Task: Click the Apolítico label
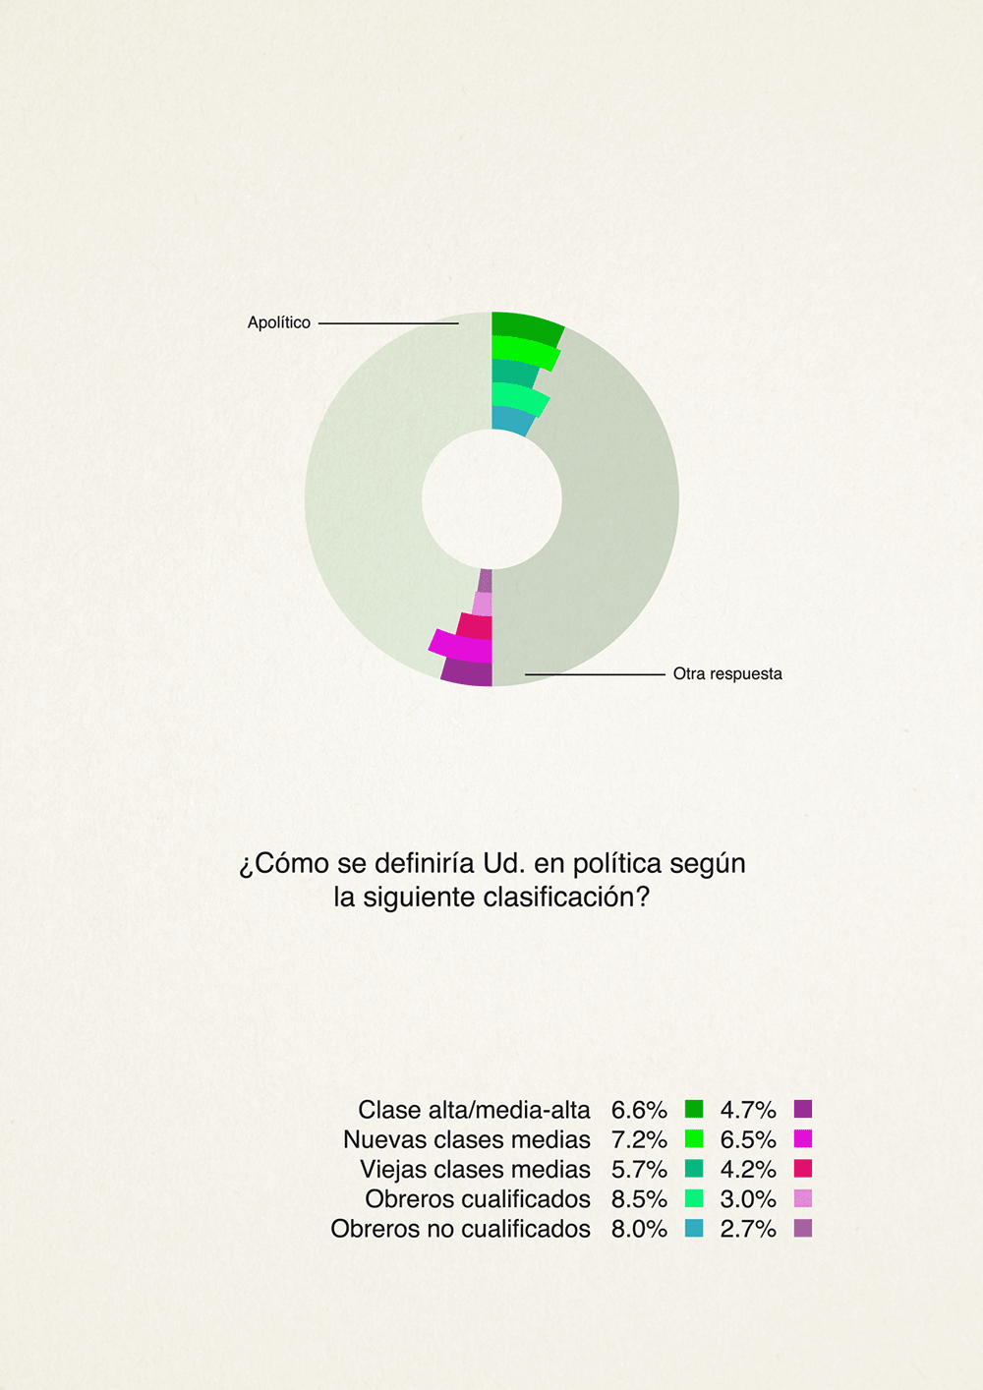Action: [x=279, y=322]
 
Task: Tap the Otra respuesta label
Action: [x=727, y=673]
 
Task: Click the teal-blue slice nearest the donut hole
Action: [x=511, y=420]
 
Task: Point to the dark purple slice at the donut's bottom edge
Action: [x=467, y=672]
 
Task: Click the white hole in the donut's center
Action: [x=491, y=499]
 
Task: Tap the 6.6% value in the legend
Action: [x=639, y=1110]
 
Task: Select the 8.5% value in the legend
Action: [x=639, y=1199]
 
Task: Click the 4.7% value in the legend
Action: [x=748, y=1110]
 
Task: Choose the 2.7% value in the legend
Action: [x=748, y=1229]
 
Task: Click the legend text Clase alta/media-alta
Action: [x=474, y=1110]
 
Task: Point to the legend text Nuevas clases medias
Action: [x=467, y=1139]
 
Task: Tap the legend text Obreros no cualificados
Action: [x=460, y=1229]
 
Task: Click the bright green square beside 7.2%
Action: [x=694, y=1139]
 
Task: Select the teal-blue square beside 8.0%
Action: [x=694, y=1228]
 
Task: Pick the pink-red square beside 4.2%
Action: [x=803, y=1169]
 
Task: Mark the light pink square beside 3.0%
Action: [x=803, y=1198]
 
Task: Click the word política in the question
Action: [x=617, y=863]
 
